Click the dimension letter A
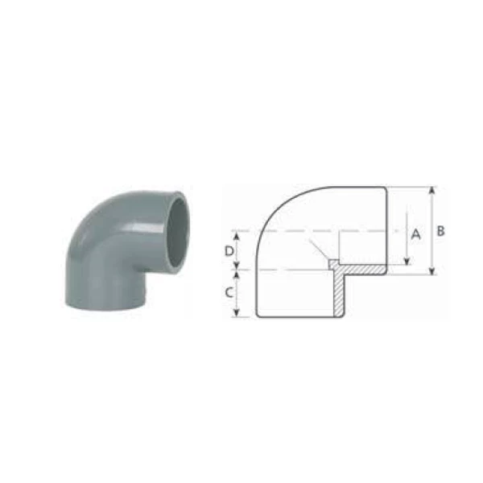[416, 234]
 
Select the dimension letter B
[441, 231]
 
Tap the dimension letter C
[229, 292]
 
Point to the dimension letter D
[229, 251]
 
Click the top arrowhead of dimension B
[432, 190]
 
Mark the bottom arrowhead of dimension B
[432, 270]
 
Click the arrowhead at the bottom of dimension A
[407, 261]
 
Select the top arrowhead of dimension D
[237, 235]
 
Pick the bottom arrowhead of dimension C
[237, 312]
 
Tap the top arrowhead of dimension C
[237, 274]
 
